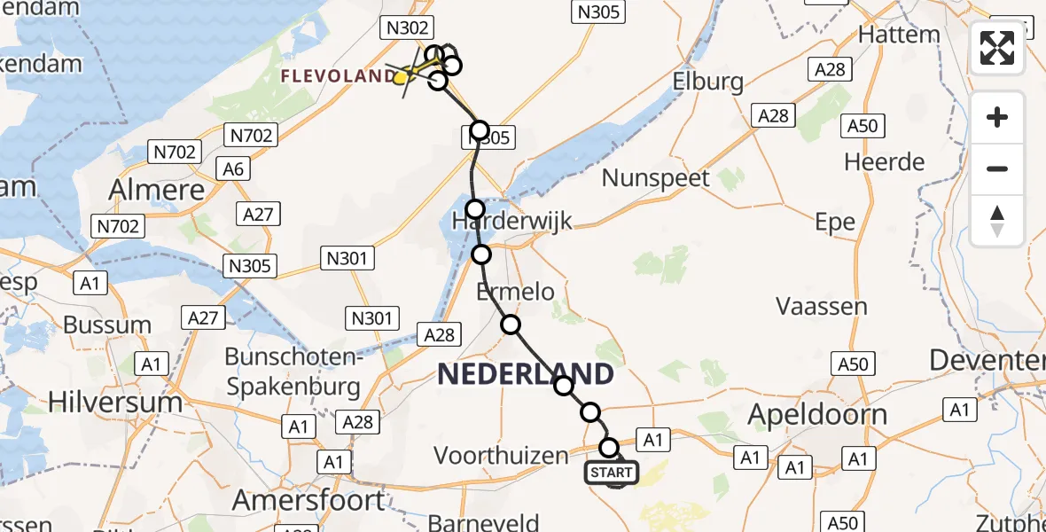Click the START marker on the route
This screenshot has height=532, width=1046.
coord(612,473)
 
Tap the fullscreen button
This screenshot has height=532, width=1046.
coord(997,49)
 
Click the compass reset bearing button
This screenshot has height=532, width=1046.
coord(997,221)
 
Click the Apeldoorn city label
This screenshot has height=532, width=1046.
coord(816,414)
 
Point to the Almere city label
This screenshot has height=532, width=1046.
coord(156,189)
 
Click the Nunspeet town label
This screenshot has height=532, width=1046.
coord(656,178)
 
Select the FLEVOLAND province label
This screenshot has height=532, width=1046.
coord(337,76)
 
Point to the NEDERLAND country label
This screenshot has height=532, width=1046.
coord(525,374)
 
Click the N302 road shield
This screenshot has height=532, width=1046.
coord(407,28)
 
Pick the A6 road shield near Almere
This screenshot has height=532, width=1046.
coord(236,168)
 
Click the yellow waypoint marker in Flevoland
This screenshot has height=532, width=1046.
coord(402,78)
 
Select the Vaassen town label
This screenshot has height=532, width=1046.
coord(821,307)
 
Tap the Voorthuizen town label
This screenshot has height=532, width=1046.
coord(500,456)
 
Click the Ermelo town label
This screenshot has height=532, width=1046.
coord(515,291)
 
